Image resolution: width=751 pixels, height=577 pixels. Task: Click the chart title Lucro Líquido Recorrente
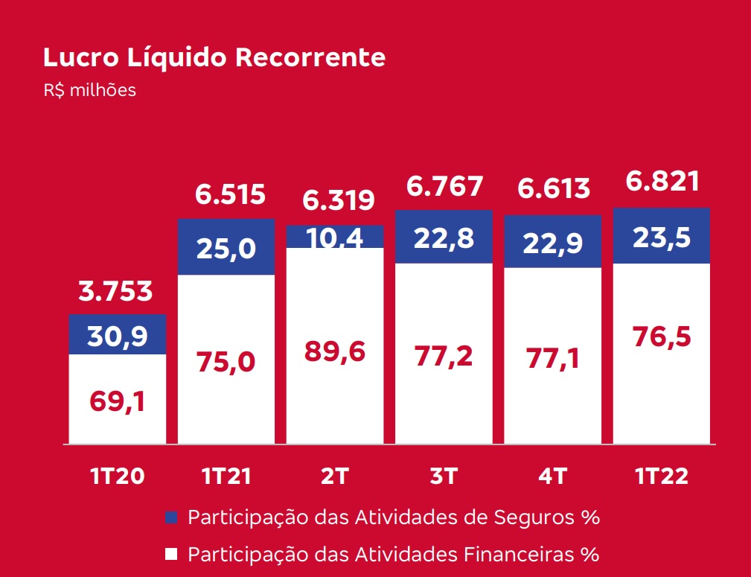[214, 57]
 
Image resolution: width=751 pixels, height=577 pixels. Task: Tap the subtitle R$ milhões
[90, 90]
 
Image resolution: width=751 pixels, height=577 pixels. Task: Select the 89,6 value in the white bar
[335, 351]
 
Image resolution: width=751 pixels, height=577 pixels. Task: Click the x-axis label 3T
[444, 476]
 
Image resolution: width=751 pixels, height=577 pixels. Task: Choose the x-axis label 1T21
[226, 476]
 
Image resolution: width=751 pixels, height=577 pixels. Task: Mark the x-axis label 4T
[552, 476]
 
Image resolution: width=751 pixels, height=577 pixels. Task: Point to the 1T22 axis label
[662, 476]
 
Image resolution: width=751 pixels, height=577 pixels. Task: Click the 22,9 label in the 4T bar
[552, 243]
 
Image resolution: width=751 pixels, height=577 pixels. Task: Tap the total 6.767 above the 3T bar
[444, 186]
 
